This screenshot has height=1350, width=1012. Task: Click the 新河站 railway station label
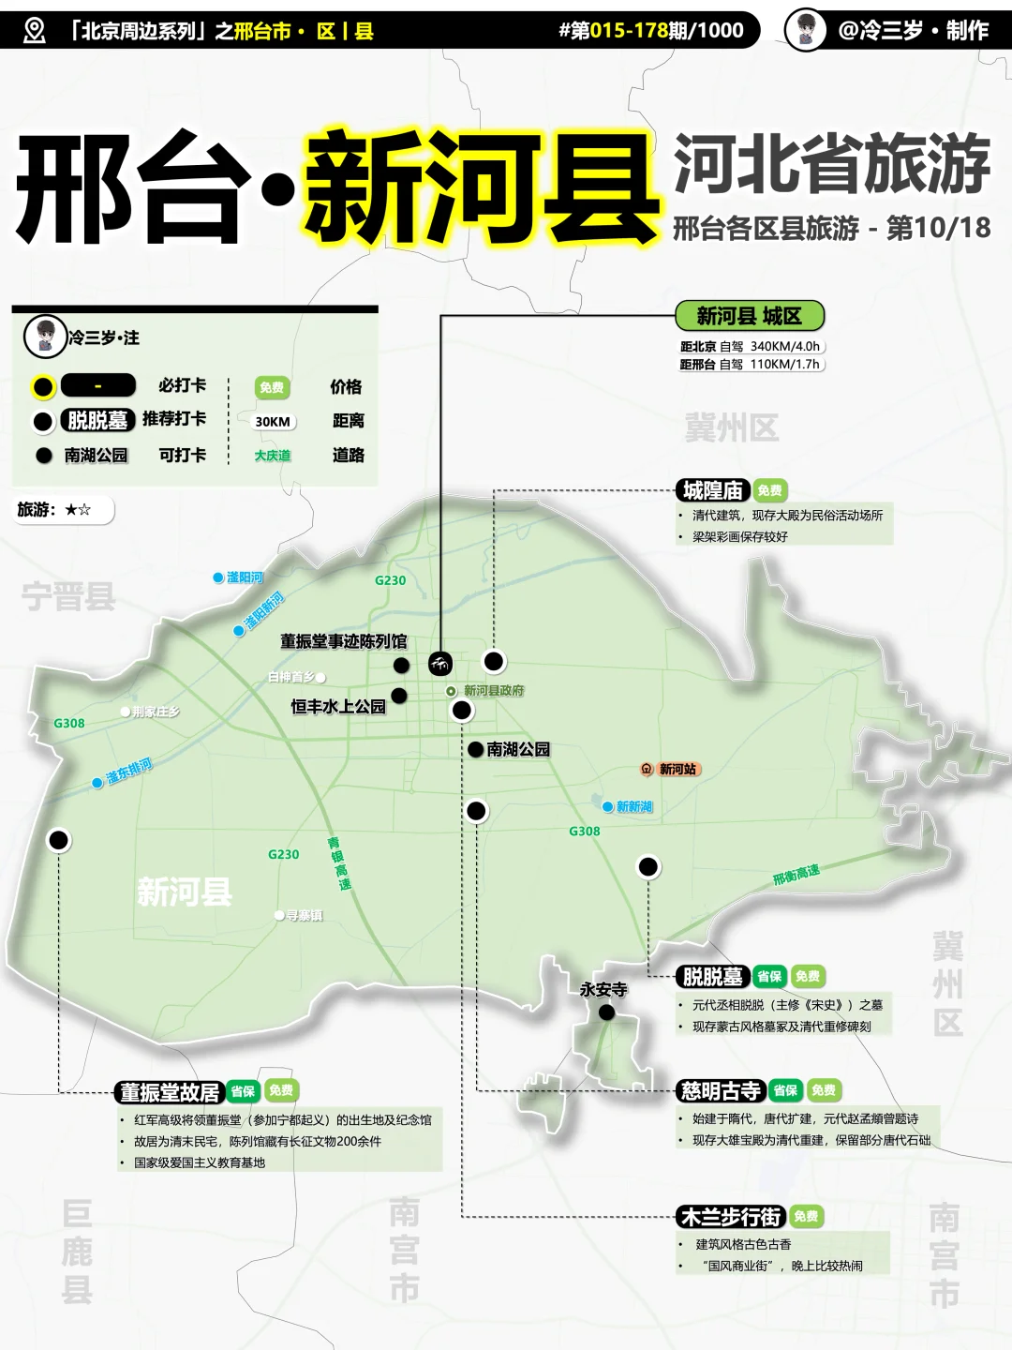click(x=677, y=769)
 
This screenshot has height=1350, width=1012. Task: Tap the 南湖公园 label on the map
click(x=517, y=749)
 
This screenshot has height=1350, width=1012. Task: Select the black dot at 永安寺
click(x=606, y=1012)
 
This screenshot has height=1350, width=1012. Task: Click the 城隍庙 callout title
click(x=713, y=490)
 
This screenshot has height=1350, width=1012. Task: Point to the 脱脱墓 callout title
click(x=713, y=976)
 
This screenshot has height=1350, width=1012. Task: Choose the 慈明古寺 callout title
click(x=721, y=1090)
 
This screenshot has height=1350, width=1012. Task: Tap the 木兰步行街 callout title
click(x=731, y=1216)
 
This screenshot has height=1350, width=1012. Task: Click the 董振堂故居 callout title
click(x=170, y=1091)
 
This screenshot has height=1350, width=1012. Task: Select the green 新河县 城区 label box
click(x=749, y=316)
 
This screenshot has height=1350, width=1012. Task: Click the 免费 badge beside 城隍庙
click(x=769, y=490)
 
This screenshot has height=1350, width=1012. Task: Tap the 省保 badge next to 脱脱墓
click(x=769, y=976)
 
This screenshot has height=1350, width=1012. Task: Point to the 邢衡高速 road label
click(x=796, y=874)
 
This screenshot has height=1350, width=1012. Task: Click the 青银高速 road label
click(x=339, y=863)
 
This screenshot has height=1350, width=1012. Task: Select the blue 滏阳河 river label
click(x=245, y=577)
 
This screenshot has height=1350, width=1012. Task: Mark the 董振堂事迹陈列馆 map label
click(x=343, y=641)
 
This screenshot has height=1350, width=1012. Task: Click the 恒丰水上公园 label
click(x=337, y=706)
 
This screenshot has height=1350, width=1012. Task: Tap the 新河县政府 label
click(x=494, y=691)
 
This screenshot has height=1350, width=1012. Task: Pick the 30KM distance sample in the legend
click(x=273, y=422)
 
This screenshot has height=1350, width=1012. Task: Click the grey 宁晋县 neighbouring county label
click(x=67, y=596)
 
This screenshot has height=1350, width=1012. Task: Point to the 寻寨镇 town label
click(x=304, y=915)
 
